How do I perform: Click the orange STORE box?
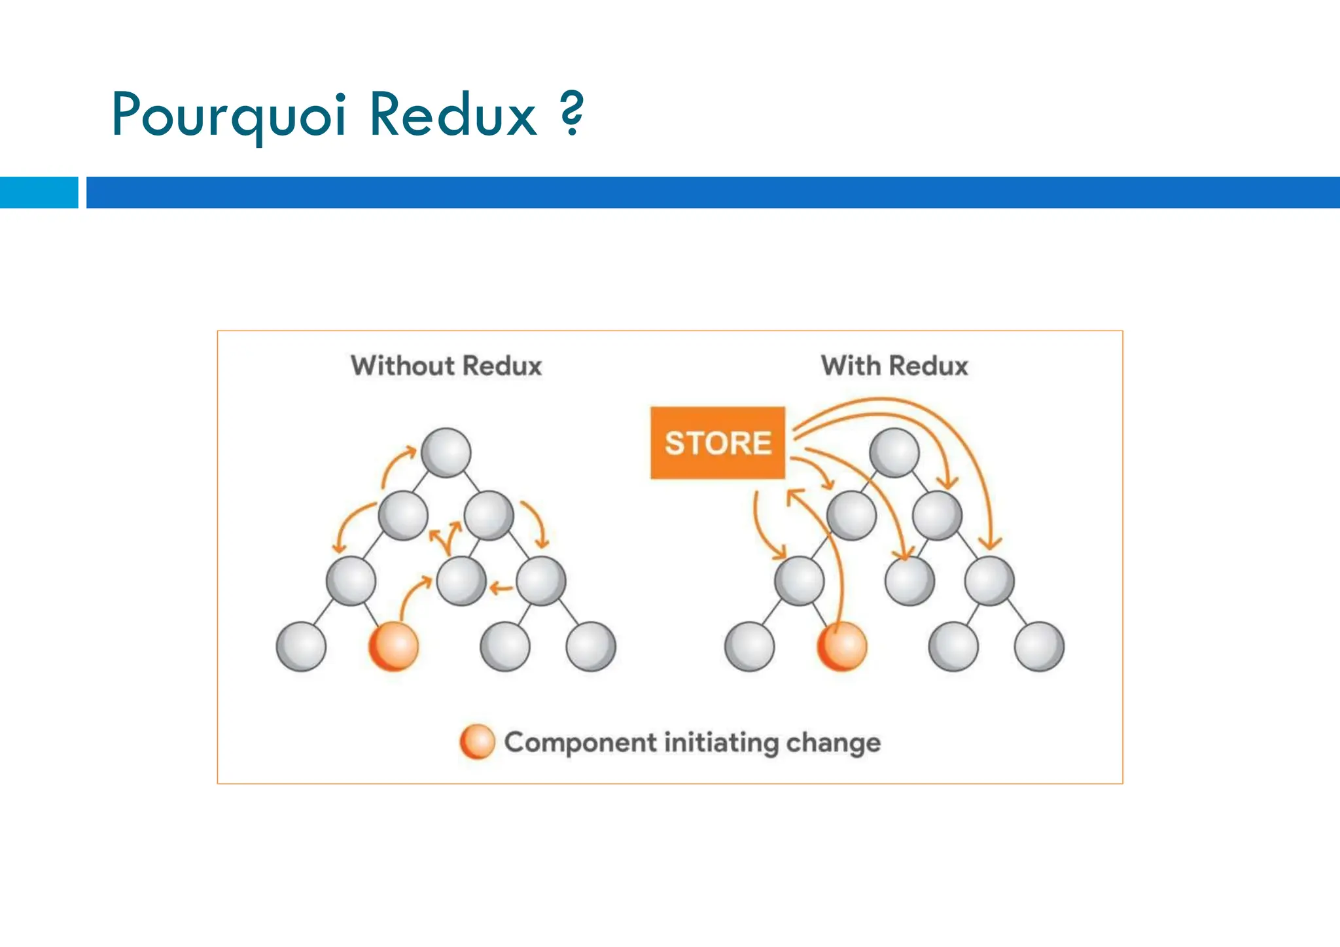tap(717, 443)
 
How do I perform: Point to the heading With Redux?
tap(894, 366)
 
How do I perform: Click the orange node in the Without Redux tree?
tap(393, 647)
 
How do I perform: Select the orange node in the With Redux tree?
tap(842, 647)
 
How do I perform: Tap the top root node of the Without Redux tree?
tap(446, 452)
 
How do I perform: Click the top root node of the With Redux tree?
tap(894, 452)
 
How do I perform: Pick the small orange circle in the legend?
tap(477, 742)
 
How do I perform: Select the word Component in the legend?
tap(580, 743)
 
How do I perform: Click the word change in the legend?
tap(833, 743)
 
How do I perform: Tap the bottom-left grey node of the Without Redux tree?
tap(301, 647)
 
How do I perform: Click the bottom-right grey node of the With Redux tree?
tap(1039, 647)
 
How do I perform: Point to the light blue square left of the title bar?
tap(39, 192)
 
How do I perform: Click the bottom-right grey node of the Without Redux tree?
tap(591, 647)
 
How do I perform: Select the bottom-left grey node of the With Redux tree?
tap(750, 647)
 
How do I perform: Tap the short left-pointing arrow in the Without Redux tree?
tap(501, 588)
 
